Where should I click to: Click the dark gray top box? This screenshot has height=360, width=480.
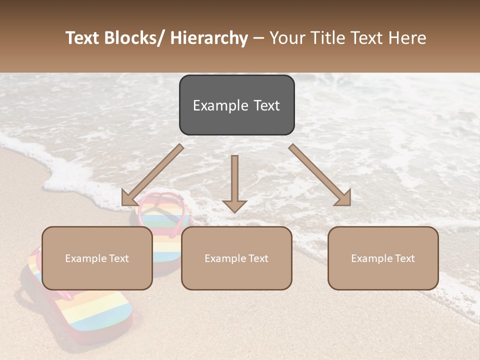(236, 105)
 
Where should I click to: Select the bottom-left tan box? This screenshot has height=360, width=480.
(97, 258)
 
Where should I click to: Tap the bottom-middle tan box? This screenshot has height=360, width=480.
(236, 258)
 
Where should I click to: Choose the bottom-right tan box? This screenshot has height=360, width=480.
(383, 258)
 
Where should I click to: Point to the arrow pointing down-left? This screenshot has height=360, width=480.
(152, 175)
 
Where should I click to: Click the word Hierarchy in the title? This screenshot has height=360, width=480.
(208, 38)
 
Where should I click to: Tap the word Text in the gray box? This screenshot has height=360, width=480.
(266, 105)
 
